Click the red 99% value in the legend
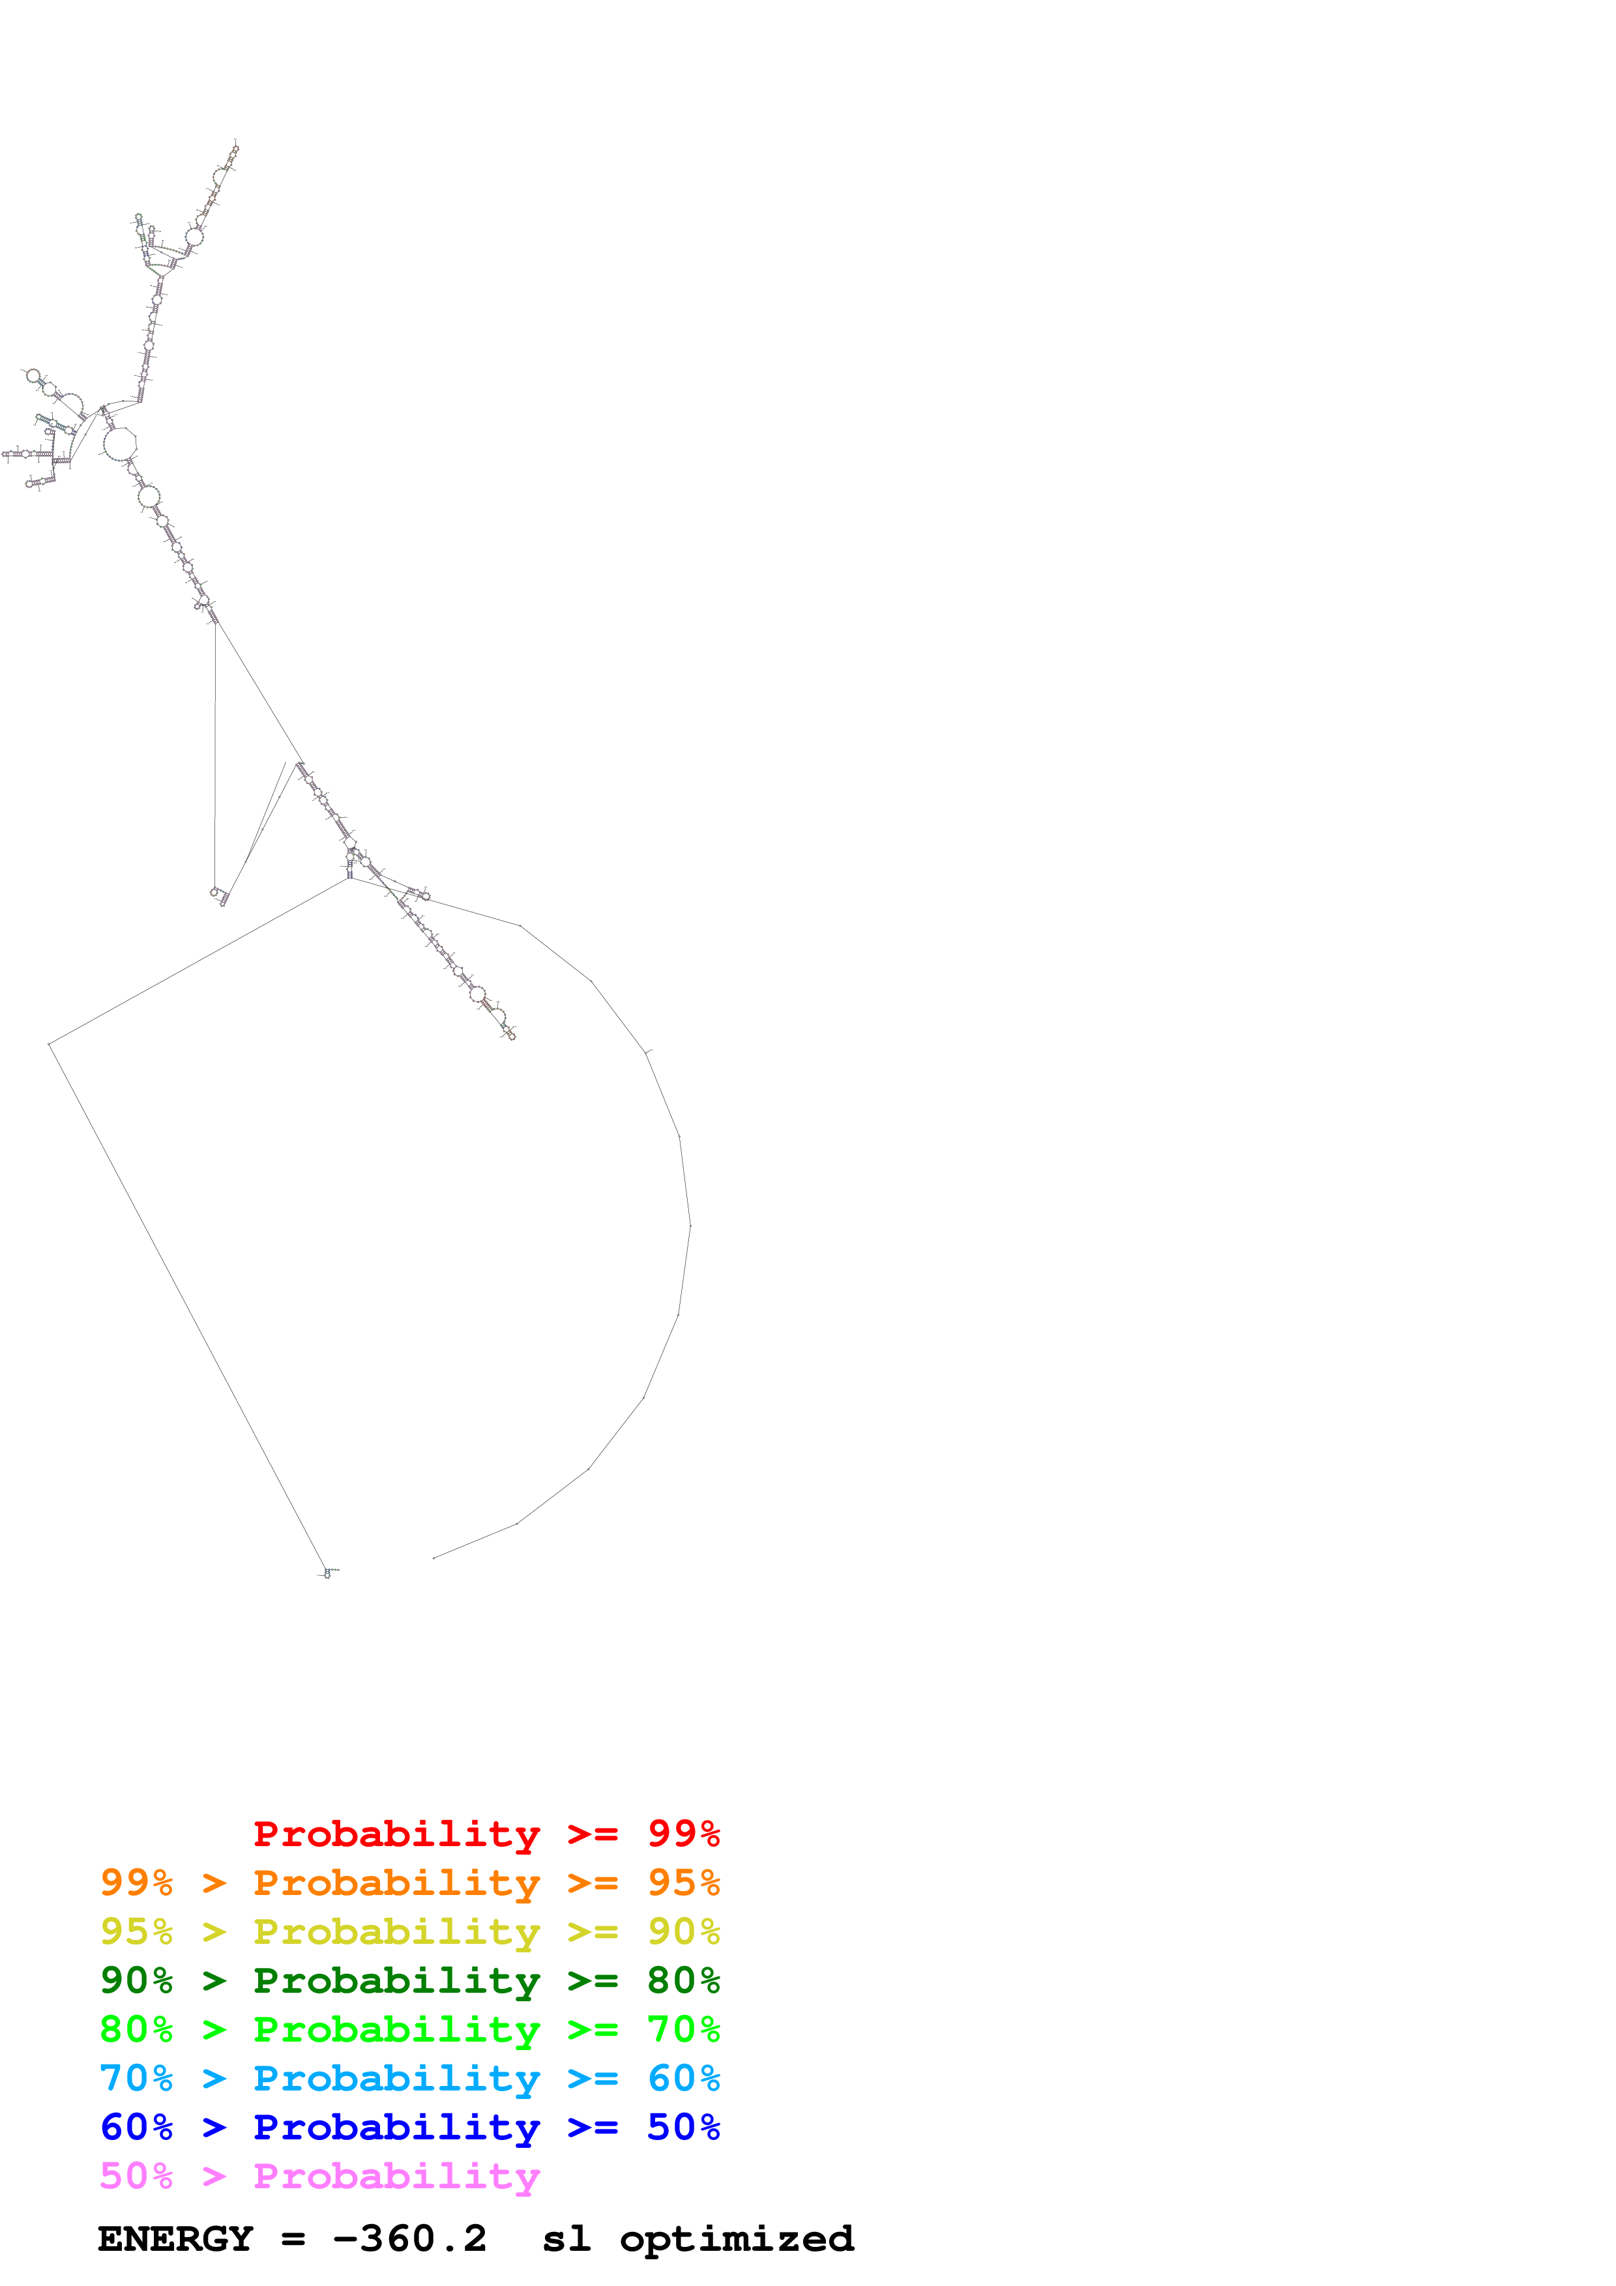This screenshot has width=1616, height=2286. [x=683, y=1834]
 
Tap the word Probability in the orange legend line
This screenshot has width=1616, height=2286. [x=396, y=1883]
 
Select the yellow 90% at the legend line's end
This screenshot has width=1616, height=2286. [x=683, y=1932]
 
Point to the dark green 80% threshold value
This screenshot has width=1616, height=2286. [x=683, y=1980]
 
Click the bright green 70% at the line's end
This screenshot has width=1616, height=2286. [x=683, y=2029]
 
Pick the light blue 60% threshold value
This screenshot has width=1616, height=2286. [x=683, y=2078]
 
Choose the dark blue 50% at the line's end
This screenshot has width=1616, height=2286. [x=683, y=2127]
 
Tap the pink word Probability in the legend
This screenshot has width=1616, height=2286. [x=396, y=2175]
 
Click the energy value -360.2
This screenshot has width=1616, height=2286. [x=409, y=2239]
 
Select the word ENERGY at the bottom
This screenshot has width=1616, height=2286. [x=175, y=2239]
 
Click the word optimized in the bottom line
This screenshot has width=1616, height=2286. [x=737, y=2239]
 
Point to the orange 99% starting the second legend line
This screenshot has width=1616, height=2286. [x=136, y=1883]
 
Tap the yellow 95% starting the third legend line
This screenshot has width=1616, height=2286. [x=136, y=1932]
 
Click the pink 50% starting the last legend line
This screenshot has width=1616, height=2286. [x=136, y=2175]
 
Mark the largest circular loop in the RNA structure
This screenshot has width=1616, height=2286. [x=119, y=443]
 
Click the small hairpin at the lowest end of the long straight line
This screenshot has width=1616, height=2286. [x=328, y=1573]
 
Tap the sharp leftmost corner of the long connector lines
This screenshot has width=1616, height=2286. [x=50, y=1045]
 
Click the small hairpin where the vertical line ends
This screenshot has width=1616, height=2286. [x=217, y=894]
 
